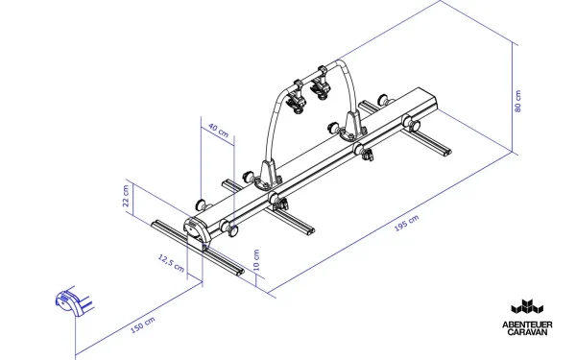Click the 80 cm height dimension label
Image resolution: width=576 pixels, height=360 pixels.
pyautogui.click(x=517, y=101)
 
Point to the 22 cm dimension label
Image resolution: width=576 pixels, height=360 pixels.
pyautogui.click(x=126, y=196)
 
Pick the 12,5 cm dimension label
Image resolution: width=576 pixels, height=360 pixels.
pyautogui.click(x=170, y=260)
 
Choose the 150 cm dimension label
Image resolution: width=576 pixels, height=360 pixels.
pyautogui.click(x=142, y=328)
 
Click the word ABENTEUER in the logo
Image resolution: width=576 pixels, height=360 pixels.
pyautogui.click(x=528, y=324)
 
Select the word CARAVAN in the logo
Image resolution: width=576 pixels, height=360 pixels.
pyautogui.click(x=528, y=332)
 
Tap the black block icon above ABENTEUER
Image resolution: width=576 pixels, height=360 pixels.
pyautogui.click(x=528, y=306)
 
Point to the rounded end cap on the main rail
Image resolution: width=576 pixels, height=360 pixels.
pyautogui.click(x=196, y=228)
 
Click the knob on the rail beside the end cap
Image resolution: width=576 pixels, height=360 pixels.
pyautogui.click(x=231, y=227)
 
